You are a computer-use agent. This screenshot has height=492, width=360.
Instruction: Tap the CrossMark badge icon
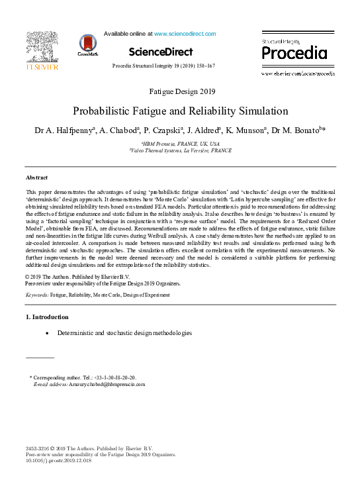tap(87, 44)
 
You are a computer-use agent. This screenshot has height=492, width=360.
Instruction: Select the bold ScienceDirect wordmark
tap(161, 52)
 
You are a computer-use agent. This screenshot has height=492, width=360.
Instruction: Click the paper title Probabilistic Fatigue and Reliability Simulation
tap(180, 111)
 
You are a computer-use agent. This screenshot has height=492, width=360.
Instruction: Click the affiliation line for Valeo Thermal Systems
tap(180, 150)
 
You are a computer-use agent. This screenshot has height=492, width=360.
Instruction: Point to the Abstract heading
tap(37, 178)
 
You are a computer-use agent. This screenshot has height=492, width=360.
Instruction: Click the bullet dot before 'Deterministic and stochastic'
tap(46, 332)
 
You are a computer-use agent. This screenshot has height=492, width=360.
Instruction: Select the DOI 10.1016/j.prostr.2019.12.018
tap(58, 461)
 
